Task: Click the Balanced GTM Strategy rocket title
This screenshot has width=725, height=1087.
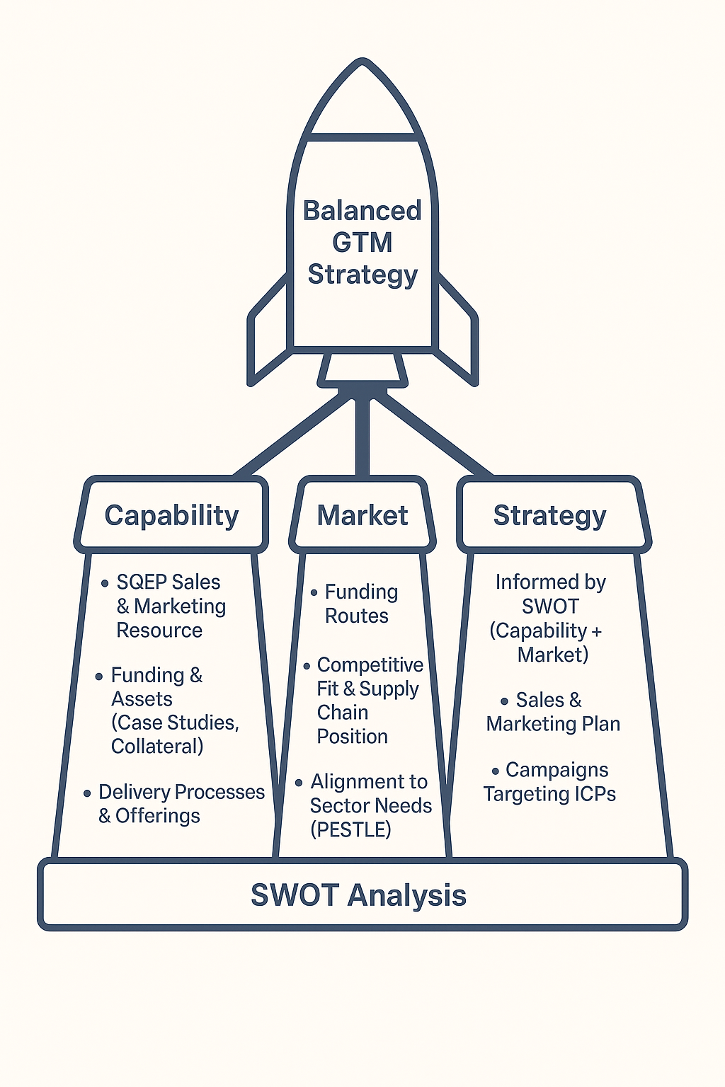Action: coord(362,242)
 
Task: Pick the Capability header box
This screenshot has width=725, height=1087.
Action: coord(171,515)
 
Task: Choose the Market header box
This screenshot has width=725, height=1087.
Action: coord(362,515)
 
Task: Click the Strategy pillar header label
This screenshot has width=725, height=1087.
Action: coord(550,515)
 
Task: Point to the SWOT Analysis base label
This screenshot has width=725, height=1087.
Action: coord(359,895)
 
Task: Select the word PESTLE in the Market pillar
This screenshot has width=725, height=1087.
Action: coord(351,829)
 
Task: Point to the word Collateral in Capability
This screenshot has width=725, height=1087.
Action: coord(156,747)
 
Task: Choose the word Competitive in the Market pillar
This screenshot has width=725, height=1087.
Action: coord(370,665)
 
